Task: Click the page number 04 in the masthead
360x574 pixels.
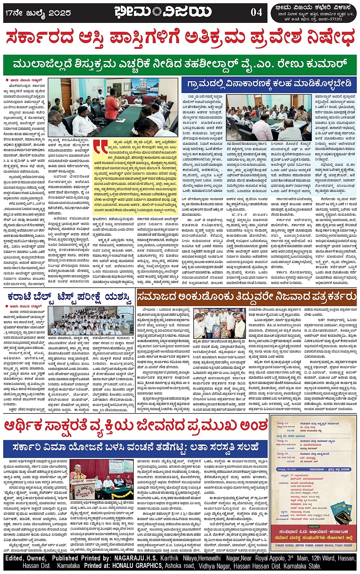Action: (x=256, y=12)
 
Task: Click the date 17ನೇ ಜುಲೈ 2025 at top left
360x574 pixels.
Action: (x=38, y=13)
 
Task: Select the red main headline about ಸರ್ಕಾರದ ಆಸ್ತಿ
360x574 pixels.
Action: (x=180, y=39)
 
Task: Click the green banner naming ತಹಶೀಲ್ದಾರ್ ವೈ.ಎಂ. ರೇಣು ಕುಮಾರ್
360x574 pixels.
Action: (x=180, y=63)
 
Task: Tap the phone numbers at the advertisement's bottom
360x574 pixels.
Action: (x=313, y=545)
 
